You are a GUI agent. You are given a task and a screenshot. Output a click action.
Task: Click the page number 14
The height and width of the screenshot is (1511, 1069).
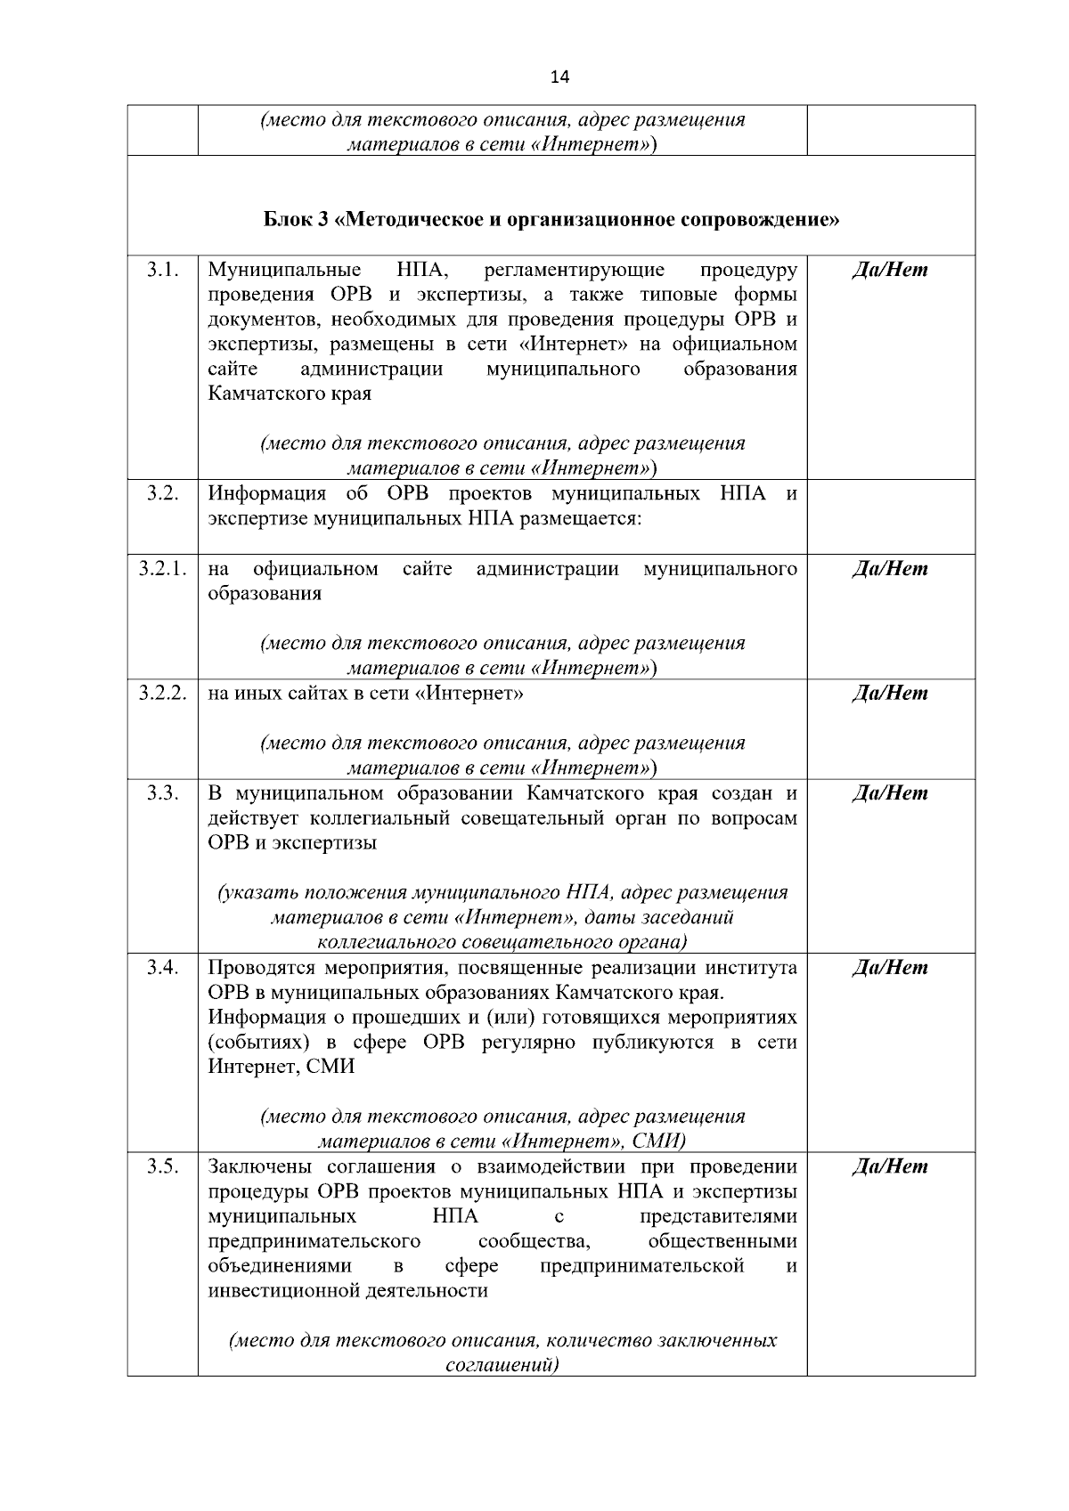[x=559, y=77]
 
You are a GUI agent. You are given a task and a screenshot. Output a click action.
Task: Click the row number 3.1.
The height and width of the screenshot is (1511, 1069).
[x=161, y=270]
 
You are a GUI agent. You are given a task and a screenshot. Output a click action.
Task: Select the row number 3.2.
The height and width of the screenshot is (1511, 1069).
[x=161, y=494]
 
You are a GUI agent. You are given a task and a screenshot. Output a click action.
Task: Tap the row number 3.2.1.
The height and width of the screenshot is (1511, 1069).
[x=162, y=569]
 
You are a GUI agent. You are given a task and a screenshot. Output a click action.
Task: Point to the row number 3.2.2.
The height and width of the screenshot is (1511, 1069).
[x=162, y=694]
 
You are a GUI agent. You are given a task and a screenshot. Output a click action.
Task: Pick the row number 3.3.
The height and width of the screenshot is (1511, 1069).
[x=161, y=793]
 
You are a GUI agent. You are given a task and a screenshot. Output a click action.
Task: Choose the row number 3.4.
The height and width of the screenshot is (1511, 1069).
[x=161, y=968]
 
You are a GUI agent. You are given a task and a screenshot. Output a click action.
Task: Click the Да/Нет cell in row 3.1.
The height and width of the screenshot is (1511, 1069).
[x=890, y=270]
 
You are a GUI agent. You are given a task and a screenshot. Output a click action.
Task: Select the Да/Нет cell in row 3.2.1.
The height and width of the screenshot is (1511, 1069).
[x=890, y=569]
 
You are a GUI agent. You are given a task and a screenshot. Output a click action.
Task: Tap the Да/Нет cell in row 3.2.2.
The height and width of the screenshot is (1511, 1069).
[x=890, y=694]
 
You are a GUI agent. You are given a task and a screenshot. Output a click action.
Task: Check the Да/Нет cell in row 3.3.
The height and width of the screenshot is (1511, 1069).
[x=890, y=793]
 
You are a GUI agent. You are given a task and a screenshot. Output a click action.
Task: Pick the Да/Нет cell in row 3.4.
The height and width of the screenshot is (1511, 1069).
[x=890, y=968]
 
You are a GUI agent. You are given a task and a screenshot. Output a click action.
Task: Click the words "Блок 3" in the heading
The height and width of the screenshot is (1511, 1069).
[x=296, y=220]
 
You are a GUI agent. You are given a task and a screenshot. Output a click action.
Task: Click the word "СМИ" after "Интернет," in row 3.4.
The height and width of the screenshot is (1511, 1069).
[x=330, y=1067]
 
